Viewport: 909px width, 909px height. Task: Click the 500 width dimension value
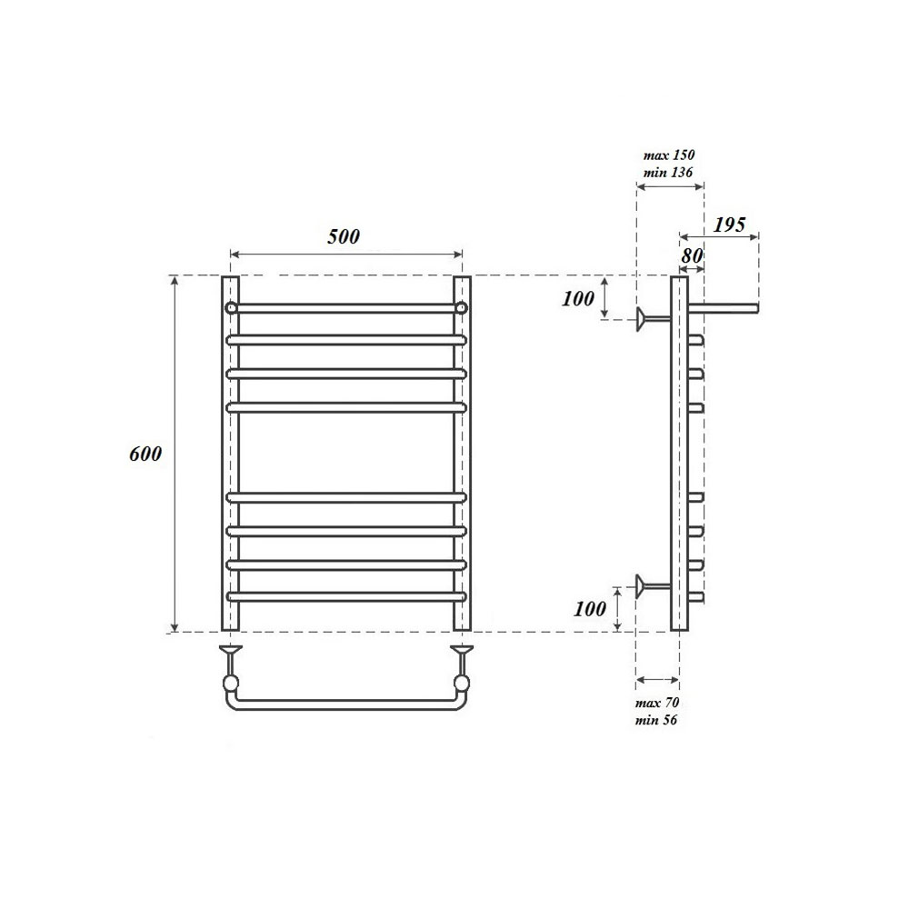point(344,236)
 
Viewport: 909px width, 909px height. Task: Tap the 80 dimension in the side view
point(692,256)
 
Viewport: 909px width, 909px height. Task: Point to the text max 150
point(669,155)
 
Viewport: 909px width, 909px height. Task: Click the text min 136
point(669,172)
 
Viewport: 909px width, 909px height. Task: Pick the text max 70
point(657,704)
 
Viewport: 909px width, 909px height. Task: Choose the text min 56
point(657,720)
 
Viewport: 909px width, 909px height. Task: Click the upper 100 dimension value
point(578,297)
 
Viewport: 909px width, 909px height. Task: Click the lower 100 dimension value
point(590,608)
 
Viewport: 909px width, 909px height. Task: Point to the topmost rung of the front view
point(346,308)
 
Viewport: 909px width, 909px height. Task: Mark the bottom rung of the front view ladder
point(346,597)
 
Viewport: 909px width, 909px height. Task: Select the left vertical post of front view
point(231,454)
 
